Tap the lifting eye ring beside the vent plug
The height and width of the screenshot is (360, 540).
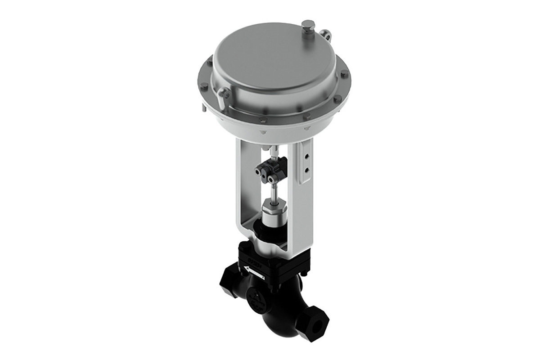(324, 35)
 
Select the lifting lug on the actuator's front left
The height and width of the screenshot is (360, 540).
(223, 94)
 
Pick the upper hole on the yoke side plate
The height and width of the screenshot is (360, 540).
(306, 158)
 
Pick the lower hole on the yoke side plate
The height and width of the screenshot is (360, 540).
(306, 170)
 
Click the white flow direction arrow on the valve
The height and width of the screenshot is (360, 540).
(253, 271)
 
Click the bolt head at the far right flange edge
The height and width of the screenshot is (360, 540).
(345, 74)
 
